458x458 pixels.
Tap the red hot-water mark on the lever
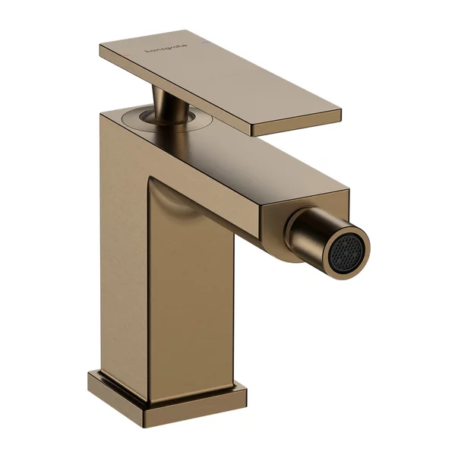click(x=135, y=53)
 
